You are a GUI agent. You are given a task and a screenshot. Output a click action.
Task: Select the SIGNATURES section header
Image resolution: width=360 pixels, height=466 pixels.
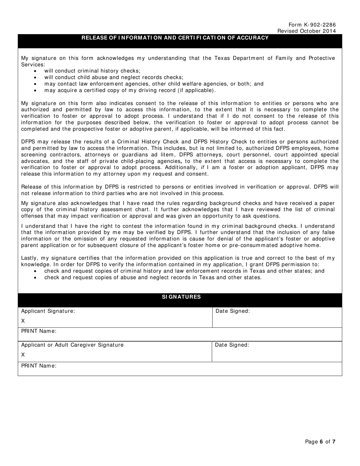tap(181, 297)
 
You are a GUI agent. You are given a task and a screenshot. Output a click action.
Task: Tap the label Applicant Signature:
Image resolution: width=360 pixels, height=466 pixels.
tap(48, 311)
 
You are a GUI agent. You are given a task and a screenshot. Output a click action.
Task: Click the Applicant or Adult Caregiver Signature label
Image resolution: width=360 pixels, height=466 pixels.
tap(72, 345)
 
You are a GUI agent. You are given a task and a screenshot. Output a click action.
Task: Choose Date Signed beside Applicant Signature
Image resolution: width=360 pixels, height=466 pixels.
tap(233, 311)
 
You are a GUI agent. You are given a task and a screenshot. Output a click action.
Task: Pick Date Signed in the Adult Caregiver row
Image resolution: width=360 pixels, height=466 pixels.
tap(232, 345)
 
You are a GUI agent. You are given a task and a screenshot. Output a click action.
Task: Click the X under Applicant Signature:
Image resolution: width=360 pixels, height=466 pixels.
tap(23, 321)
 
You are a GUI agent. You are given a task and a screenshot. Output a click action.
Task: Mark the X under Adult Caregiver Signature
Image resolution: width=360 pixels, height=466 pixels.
tap(23, 355)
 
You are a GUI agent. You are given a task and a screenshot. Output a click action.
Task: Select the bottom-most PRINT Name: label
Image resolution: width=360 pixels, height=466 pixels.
tap(39, 366)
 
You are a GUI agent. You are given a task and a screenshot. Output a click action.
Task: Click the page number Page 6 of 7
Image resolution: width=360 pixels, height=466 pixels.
tap(320, 441)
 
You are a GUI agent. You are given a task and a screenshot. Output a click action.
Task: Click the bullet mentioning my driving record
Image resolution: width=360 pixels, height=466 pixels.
tap(130, 90)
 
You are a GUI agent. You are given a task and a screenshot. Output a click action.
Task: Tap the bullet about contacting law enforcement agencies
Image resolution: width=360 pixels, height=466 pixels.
tap(153, 84)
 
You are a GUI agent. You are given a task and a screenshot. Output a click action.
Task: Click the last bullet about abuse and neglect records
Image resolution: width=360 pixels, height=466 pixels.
tap(153, 277)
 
